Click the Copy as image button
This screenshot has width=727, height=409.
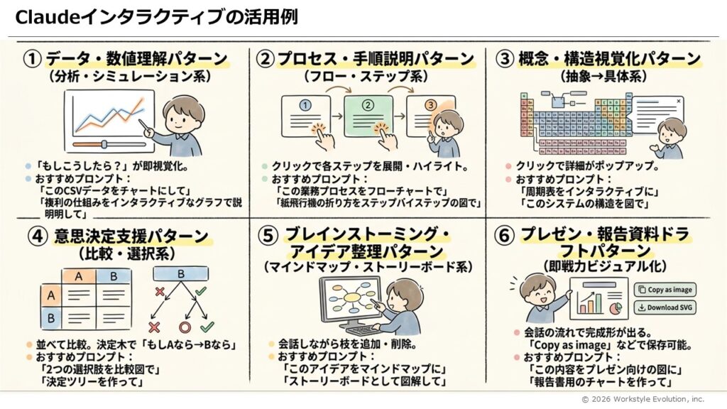[x=665, y=290]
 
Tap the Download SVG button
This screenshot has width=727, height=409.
[x=665, y=307]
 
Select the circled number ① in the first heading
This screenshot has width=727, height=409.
[x=33, y=59]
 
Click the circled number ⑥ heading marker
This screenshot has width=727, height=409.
[x=504, y=236]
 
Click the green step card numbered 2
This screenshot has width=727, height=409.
[x=368, y=116]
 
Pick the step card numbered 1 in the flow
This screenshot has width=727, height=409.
[x=305, y=116]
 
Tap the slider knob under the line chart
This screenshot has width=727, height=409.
[x=104, y=144]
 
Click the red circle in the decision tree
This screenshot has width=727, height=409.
[x=185, y=328]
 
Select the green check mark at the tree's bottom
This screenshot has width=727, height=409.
[x=207, y=327]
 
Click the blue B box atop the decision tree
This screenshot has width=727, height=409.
[x=180, y=274]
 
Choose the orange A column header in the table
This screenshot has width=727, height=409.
[x=79, y=276]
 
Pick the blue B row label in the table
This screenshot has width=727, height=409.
[x=51, y=318]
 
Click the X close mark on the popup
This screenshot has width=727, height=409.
[x=678, y=101]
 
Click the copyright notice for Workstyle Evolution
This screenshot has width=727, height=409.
[x=643, y=399]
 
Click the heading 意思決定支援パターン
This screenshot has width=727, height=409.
[x=131, y=236]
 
